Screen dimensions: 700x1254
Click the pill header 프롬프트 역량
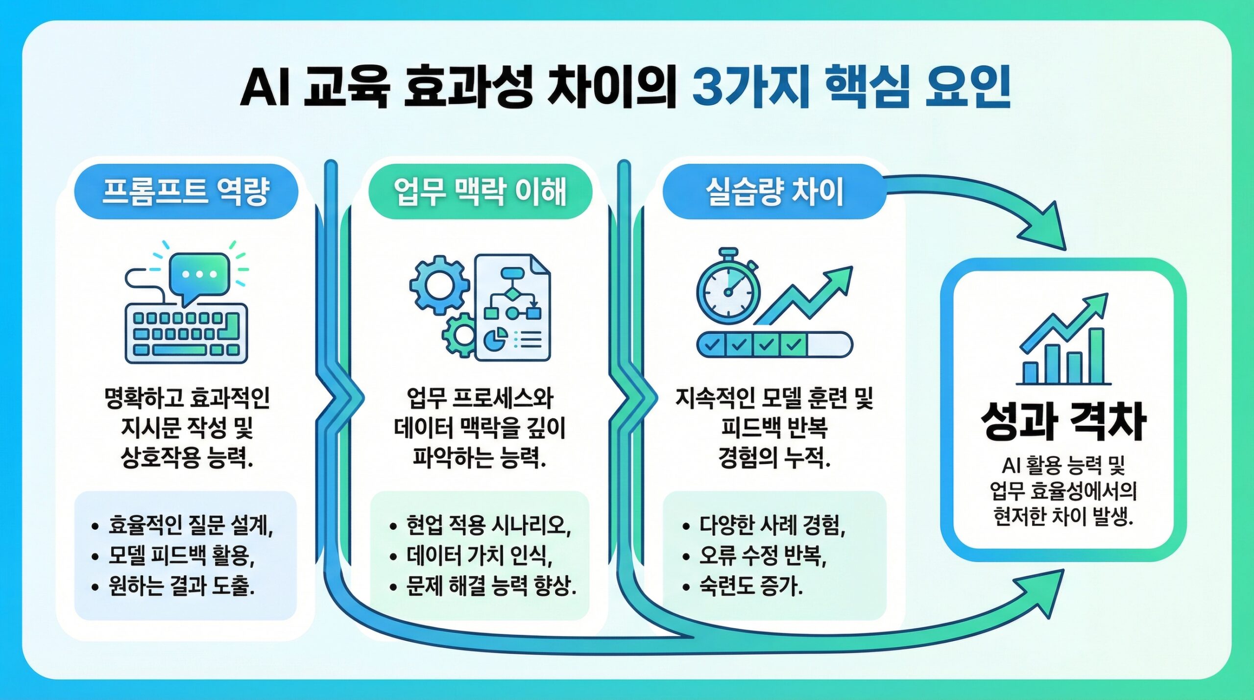(x=186, y=192)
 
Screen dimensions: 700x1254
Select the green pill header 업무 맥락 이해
(x=480, y=192)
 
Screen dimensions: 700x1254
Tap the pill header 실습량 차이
(x=774, y=192)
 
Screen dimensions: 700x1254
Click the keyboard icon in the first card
(x=186, y=334)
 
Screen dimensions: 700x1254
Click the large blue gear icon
(x=439, y=285)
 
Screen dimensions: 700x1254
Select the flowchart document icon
(x=513, y=309)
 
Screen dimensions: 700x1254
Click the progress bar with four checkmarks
(x=774, y=344)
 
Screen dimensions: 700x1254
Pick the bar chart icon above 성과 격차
(x=1063, y=343)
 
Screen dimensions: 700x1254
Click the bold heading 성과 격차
(x=1063, y=422)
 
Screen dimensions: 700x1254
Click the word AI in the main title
(x=266, y=88)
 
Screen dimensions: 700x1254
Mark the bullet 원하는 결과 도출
(x=181, y=586)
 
